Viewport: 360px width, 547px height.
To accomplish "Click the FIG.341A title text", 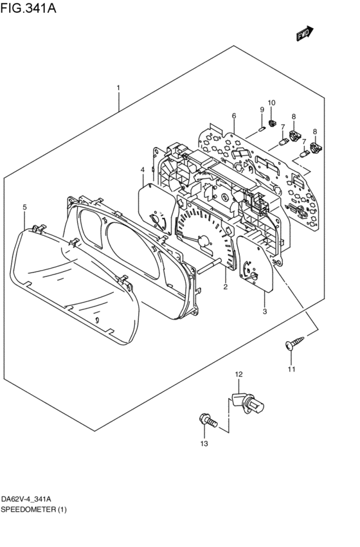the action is coord(28,7).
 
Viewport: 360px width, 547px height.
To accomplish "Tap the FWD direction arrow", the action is coord(305,33).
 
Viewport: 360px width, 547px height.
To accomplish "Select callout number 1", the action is coord(118,87).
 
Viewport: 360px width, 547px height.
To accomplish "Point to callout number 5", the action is coord(24,207).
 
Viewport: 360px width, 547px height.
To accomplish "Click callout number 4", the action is coord(142,170).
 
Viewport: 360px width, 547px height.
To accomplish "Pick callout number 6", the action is coord(234,116).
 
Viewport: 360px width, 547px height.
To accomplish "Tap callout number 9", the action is coord(262,109).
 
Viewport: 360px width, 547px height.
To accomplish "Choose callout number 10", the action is coord(271,103).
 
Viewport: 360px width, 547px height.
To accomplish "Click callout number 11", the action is coord(291,369).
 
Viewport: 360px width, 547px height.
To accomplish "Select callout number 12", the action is coord(239,374).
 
